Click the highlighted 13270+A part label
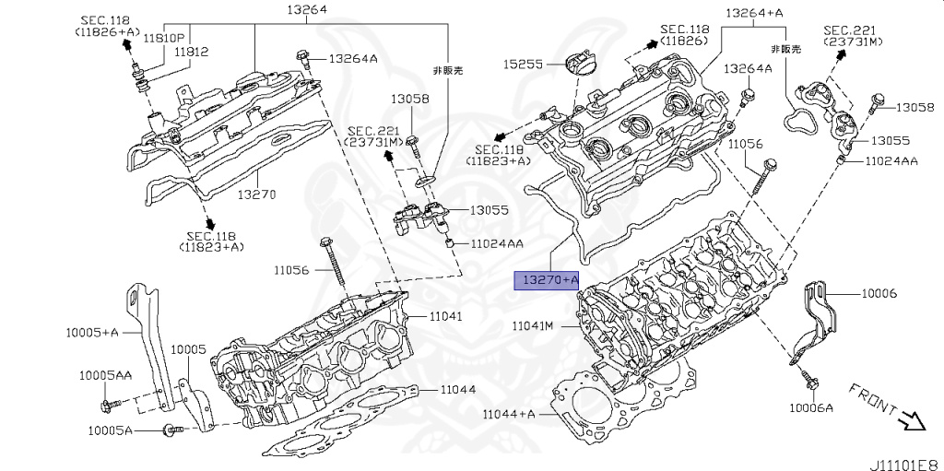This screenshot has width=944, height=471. [x=547, y=279]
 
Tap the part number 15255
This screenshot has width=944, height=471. [x=522, y=65]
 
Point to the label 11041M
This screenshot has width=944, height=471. [x=533, y=325]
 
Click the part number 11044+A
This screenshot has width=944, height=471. [x=508, y=414]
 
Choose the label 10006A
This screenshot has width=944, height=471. [x=810, y=407]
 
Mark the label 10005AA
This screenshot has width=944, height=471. [x=104, y=375]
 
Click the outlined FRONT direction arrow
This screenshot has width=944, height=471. [x=912, y=421]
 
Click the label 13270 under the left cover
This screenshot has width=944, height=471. [x=255, y=195]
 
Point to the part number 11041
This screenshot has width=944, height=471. [x=445, y=316]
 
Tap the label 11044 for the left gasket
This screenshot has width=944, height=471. [x=457, y=389]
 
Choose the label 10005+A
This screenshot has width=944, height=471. [x=93, y=331]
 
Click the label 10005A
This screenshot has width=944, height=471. [x=111, y=430]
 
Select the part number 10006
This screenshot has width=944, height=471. [x=879, y=293]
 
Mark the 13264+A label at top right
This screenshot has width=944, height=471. [x=754, y=13]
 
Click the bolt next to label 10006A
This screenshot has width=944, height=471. [x=808, y=377]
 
